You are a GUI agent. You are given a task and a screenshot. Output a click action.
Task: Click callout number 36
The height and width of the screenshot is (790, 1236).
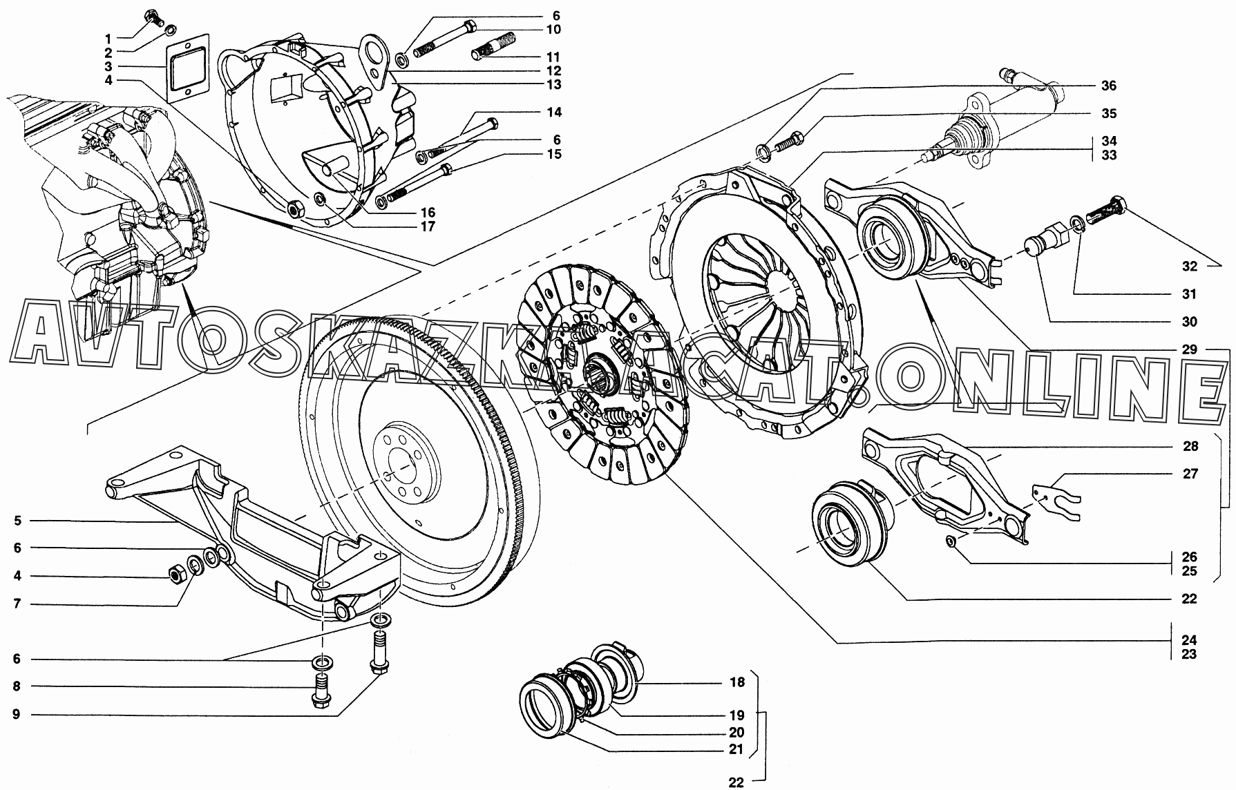pos(1109,86)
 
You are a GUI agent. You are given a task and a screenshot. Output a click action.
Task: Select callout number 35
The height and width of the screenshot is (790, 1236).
pos(1109,113)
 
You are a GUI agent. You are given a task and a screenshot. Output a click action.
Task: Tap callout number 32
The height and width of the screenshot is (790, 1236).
pos(1189,266)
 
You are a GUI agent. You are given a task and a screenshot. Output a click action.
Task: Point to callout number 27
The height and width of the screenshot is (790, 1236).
pos(1190,474)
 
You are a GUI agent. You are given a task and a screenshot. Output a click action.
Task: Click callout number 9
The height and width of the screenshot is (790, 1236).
pos(17,714)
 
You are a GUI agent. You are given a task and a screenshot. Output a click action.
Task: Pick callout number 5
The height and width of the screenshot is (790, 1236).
pos(17,521)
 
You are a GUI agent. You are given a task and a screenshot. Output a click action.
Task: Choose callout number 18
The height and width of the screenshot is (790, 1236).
pos(737,682)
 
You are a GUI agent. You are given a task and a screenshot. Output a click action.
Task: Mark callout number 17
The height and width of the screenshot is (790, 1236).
pos(428,226)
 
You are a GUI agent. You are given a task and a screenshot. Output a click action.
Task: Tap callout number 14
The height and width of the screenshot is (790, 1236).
pos(554,112)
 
